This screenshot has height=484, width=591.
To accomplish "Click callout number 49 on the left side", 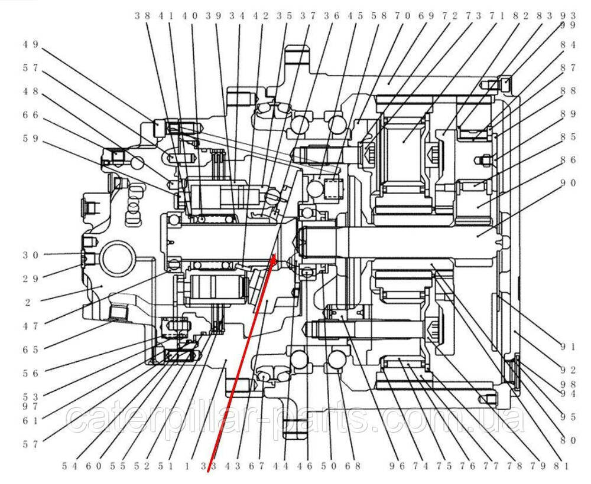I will (x=30, y=44).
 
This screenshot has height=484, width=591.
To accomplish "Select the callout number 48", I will (x=30, y=91).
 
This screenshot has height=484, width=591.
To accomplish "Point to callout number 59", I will (x=30, y=139).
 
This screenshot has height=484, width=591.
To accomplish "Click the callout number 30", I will (x=30, y=255).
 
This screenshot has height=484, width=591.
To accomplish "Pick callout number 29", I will (x=30, y=277).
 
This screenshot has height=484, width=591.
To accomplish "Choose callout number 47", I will (x=30, y=325).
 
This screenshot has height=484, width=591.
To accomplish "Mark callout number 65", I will (x=30, y=349).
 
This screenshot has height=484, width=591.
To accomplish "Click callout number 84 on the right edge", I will (x=568, y=44).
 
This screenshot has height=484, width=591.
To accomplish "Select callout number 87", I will (x=568, y=68).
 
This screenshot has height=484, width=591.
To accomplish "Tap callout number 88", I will (x=568, y=91).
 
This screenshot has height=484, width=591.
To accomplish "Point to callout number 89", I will (x=568, y=114).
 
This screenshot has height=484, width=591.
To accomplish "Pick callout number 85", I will (x=568, y=137).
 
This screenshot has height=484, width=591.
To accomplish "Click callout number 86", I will (x=568, y=160).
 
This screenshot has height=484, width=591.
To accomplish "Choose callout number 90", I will (x=568, y=183).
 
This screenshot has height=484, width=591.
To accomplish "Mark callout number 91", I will (x=568, y=346).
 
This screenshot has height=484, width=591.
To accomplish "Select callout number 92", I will (x=568, y=370).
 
